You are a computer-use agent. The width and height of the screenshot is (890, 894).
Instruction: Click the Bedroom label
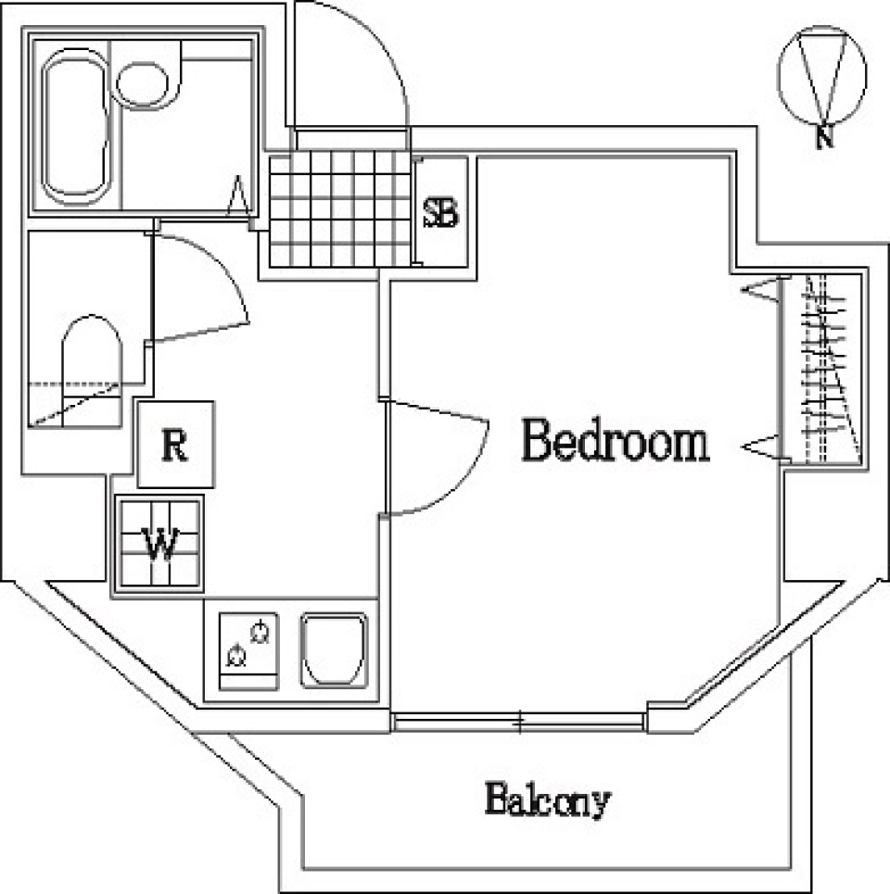pos(616,442)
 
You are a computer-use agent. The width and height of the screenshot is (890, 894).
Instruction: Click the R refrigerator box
pos(175,445)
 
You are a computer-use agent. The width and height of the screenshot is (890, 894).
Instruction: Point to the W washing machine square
pos(159,543)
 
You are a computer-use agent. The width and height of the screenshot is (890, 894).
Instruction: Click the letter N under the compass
pos(822,138)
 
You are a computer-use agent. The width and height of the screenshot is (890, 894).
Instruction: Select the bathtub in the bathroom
pos(76,127)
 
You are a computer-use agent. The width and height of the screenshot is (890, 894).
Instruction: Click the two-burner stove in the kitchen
pos(249,650)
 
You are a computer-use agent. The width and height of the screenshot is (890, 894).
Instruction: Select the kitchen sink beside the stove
pos(334,650)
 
